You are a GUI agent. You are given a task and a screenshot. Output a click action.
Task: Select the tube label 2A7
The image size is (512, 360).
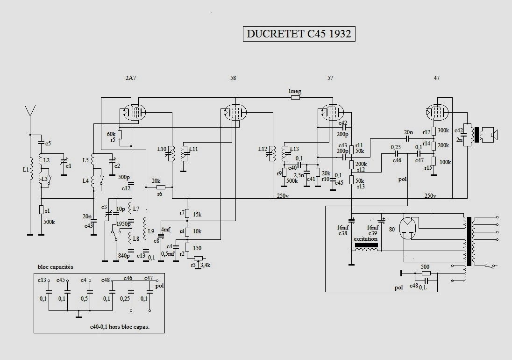click(131, 78)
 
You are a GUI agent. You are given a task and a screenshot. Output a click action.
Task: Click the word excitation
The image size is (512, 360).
click(366, 239)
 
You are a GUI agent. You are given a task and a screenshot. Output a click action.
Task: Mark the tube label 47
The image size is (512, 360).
click(436, 78)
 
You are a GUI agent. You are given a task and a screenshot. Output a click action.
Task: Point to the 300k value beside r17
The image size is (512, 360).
click(443, 130)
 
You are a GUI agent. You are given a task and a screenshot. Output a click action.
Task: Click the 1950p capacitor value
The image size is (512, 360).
click(123, 223)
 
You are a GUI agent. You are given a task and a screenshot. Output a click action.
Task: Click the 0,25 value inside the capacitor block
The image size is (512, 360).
click(125, 298)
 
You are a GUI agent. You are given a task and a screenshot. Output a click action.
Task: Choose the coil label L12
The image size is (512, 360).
click(263, 149)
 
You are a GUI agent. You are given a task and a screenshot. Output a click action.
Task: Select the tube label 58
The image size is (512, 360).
click(233, 78)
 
